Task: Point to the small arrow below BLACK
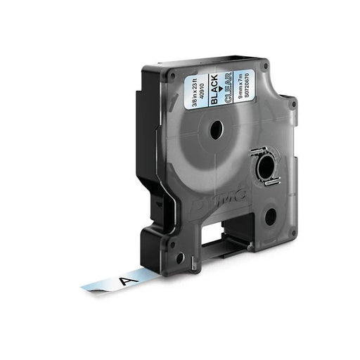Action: click(223, 91)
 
